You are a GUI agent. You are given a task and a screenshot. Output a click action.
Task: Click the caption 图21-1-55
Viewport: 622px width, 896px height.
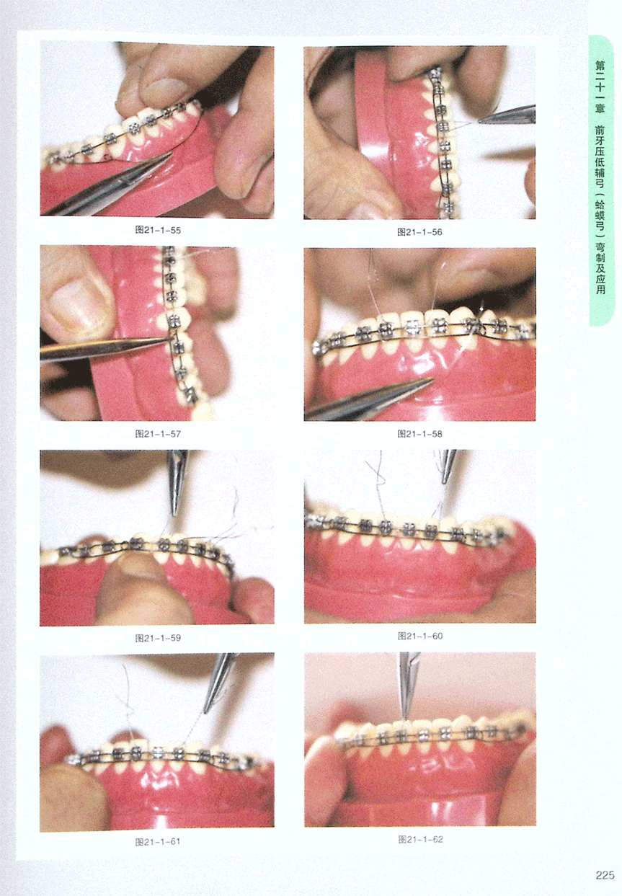click(158, 230)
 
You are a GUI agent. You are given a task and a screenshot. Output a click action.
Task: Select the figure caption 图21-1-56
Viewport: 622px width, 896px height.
click(420, 232)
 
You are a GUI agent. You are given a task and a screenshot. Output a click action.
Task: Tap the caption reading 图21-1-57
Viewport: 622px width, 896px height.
click(158, 434)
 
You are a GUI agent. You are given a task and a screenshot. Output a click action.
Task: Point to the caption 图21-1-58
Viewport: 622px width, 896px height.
click(420, 434)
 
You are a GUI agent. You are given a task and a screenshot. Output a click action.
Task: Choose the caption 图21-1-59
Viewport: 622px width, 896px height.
click(158, 638)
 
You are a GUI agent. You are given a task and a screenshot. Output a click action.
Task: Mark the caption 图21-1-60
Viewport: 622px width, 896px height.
click(420, 636)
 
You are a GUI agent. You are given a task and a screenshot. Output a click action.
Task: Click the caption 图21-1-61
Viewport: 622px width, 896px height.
click(158, 841)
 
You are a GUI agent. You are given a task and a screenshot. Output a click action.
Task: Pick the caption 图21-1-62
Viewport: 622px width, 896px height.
click(421, 839)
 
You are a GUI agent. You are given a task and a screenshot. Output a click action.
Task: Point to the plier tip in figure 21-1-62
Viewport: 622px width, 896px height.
click(406, 719)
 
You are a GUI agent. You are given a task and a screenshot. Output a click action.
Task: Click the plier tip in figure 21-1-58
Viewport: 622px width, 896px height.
click(432, 379)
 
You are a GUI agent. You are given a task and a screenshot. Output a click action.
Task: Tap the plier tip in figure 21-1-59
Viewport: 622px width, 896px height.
click(174, 514)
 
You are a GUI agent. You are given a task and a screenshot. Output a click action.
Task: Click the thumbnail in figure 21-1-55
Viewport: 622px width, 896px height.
click(166, 89)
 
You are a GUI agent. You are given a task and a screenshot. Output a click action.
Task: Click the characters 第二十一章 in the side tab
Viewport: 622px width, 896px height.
click(600, 87)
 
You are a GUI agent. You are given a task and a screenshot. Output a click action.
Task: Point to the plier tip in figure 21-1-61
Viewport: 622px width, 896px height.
click(205, 711)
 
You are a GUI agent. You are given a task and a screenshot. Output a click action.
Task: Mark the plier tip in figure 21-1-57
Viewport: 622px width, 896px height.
click(170, 340)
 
